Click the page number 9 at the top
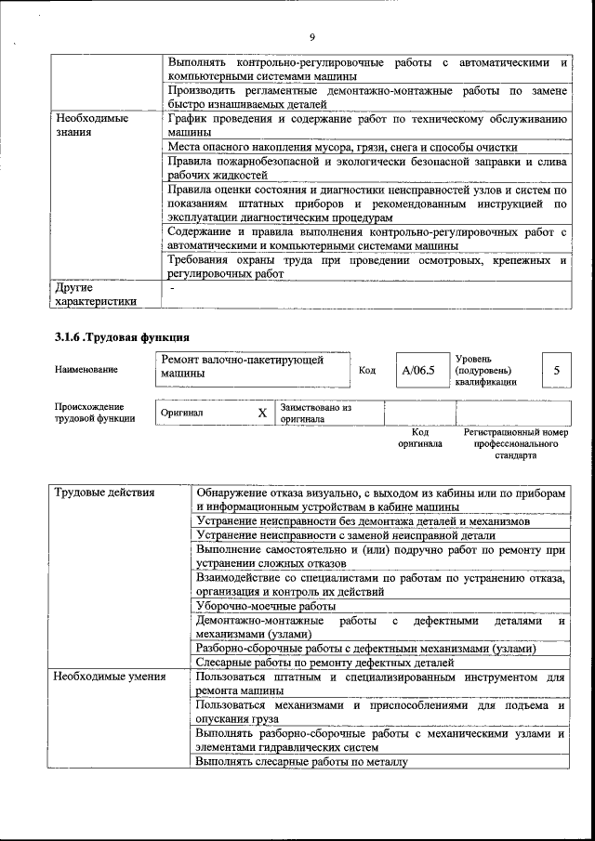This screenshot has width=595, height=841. tap(312, 36)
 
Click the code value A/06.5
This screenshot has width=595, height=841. tap(418, 371)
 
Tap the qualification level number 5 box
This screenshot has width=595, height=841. tap(556, 371)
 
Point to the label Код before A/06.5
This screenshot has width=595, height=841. tap(366, 371)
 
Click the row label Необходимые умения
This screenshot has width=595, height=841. tap(110, 677)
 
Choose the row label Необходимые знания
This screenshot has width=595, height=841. tap(91, 125)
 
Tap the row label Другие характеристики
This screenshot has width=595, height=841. tap(96, 294)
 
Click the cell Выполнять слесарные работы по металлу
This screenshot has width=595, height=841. tap(302, 762)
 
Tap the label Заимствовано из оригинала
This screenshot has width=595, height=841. tap(315, 413)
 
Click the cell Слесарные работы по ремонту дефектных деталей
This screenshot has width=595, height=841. tap(324, 663)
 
